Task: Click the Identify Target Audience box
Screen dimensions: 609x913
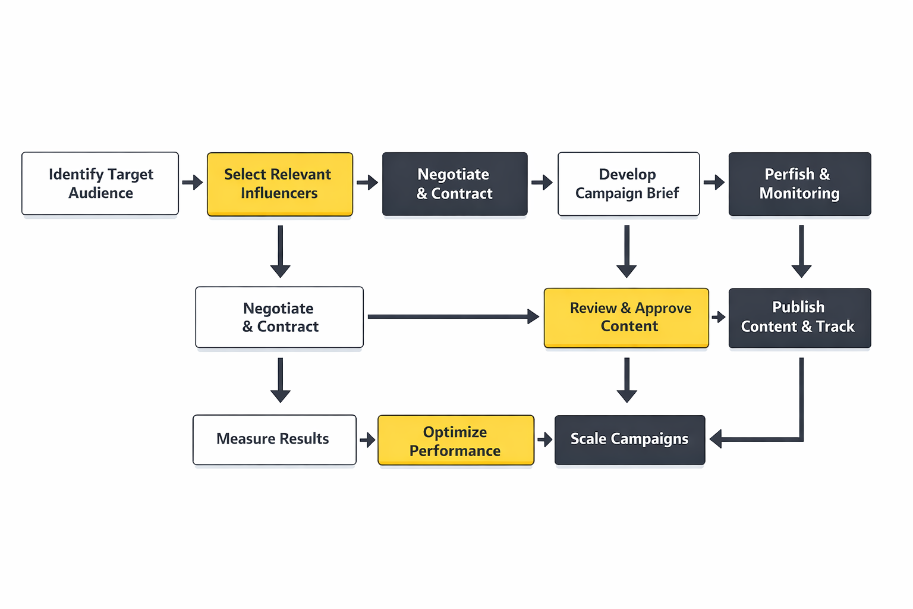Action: tap(100, 183)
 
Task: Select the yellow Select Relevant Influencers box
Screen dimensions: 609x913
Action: tap(279, 184)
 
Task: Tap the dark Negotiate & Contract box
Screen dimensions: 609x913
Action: tap(455, 184)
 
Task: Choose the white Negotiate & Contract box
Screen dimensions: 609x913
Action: tap(279, 317)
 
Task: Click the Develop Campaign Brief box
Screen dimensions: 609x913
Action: tap(628, 184)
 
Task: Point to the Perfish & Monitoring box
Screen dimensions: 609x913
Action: tap(799, 184)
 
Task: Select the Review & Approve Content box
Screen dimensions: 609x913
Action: tap(626, 318)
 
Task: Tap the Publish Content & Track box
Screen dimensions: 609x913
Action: tap(799, 318)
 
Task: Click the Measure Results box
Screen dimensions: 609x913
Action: tap(274, 440)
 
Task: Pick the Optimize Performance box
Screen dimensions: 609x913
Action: tap(456, 440)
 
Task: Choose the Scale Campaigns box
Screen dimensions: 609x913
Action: tap(629, 440)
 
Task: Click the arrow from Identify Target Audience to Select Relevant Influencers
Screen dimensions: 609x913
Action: tap(193, 182)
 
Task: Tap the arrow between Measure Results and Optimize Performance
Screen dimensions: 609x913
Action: tap(367, 440)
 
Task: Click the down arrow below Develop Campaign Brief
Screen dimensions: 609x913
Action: tap(626, 251)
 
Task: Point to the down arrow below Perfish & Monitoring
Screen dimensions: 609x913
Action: tap(801, 251)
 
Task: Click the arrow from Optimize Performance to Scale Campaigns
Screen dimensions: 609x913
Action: tap(544, 440)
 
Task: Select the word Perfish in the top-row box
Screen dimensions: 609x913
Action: tap(789, 174)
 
